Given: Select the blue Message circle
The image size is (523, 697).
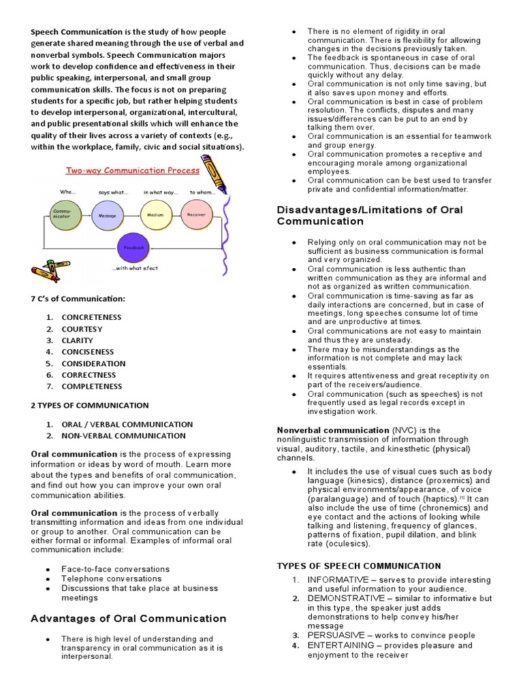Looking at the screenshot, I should pos(108,214).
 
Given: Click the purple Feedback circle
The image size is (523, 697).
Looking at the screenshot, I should pos(133,248).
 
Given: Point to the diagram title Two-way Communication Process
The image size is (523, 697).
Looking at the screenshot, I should pos(132,170).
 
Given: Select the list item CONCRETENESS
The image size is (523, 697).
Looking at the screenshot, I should pos(91,317).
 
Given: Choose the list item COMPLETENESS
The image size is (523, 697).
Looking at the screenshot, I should pos(92,387).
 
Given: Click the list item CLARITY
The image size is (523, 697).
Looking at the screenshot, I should pos(77,340).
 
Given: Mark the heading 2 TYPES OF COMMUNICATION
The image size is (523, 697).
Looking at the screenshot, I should pos(90,405).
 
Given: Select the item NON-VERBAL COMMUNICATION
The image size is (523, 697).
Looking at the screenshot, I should pos(123,436).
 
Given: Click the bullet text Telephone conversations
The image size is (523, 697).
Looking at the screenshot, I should pos(111,579).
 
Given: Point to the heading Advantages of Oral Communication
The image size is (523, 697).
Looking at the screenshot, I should pos(129,619).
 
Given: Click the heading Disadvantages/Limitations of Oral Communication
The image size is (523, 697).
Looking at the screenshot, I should pos(370,215).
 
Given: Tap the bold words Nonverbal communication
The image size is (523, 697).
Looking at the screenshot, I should pos(333,430).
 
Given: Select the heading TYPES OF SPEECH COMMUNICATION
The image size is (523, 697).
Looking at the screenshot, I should pos(359,566).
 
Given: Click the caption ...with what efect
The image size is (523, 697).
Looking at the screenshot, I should pos(134,268).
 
